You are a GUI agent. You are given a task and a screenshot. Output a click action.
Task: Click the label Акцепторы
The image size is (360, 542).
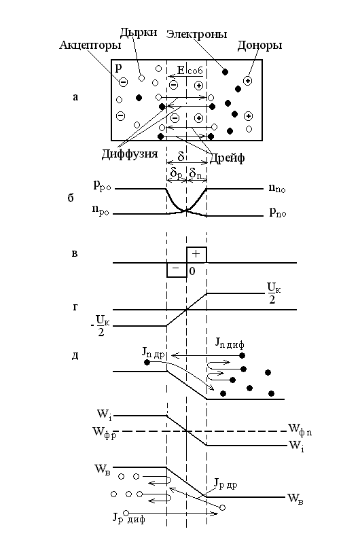pyautogui.click(x=90, y=46)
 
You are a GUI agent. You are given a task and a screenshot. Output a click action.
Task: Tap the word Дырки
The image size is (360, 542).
pyautogui.click(x=139, y=33)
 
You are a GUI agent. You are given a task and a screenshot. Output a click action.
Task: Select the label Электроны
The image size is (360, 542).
pyautogui.click(x=196, y=34)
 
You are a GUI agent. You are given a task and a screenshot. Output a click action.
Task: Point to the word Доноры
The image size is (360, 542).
pyautogui.click(x=259, y=46)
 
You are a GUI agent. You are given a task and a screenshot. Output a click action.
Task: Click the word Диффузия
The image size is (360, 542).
pyautogui.click(x=130, y=153)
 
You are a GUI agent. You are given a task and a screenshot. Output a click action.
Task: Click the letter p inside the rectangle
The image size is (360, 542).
pyautogui.click(x=118, y=67)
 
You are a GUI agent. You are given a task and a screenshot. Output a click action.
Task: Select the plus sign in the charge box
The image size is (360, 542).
pyautogui.click(x=196, y=254)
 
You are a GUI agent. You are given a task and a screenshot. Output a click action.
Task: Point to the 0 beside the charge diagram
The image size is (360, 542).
pyautogui.click(x=192, y=272)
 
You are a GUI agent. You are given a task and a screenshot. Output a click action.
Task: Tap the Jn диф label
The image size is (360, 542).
pyautogui.click(x=230, y=343)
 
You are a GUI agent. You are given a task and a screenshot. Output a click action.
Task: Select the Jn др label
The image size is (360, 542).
pyautogui.click(x=154, y=353)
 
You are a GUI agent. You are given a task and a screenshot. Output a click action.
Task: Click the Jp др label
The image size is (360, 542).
pyautogui.click(x=226, y=484)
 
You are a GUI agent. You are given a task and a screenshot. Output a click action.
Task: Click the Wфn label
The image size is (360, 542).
pyautogui.click(x=300, y=430)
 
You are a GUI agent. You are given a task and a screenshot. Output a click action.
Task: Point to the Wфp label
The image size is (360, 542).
pyautogui.click(x=104, y=433)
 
